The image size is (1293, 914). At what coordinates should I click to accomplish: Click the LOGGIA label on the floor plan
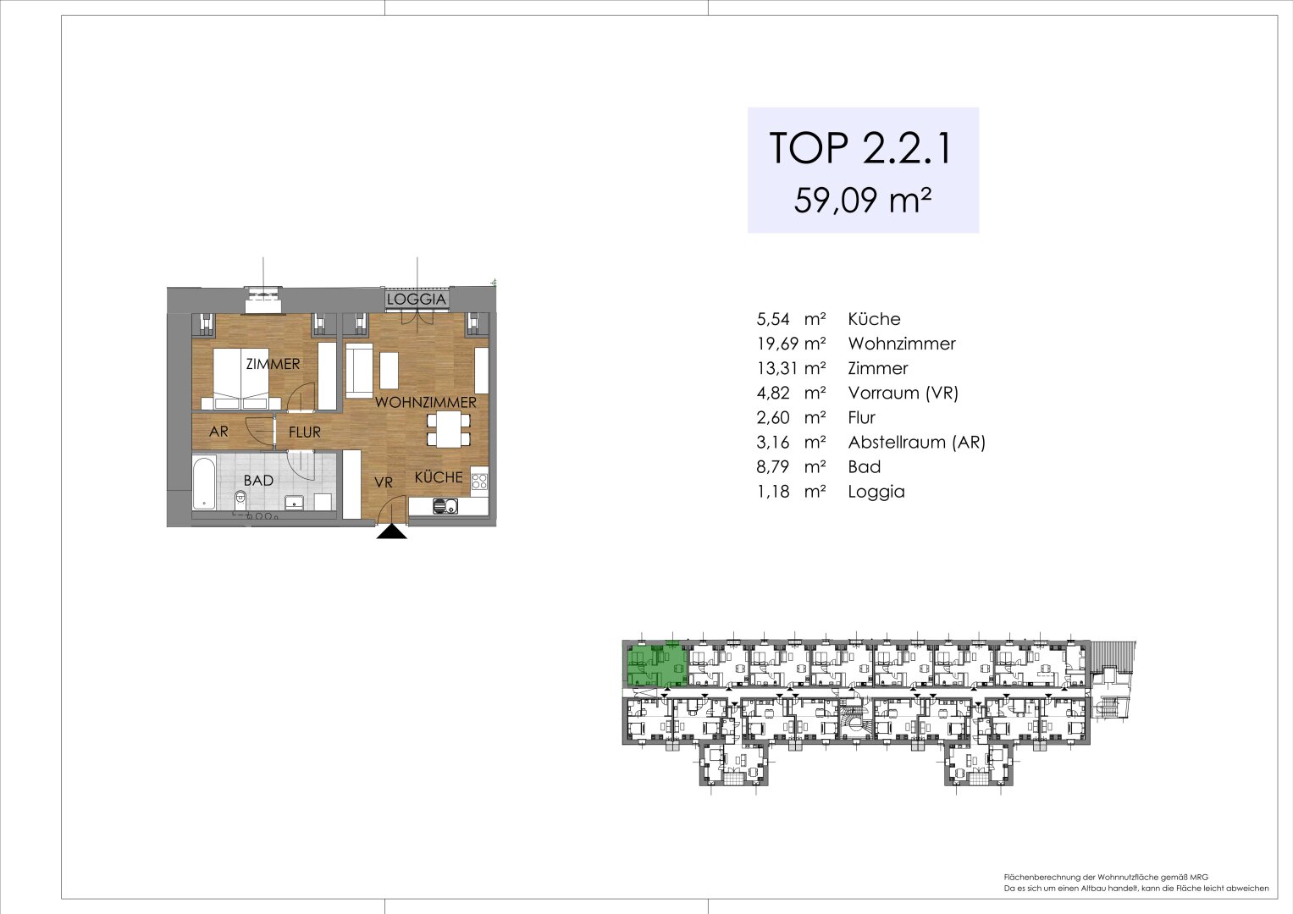416,299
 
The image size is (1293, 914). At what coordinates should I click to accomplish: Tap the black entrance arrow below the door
391,531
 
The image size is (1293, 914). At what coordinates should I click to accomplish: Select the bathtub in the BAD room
204,482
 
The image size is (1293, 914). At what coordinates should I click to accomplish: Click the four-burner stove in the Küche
479,482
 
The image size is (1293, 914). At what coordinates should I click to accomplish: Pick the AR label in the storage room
218,432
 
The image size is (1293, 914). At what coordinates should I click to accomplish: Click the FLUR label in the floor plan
304,432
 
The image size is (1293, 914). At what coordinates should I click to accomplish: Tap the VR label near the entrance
384,482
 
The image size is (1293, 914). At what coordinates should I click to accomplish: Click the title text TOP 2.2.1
861,148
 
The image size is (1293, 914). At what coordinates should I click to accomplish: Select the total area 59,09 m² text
863,201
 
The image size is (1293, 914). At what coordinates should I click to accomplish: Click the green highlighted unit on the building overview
655,664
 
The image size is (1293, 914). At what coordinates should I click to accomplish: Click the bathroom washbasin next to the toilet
294,501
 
